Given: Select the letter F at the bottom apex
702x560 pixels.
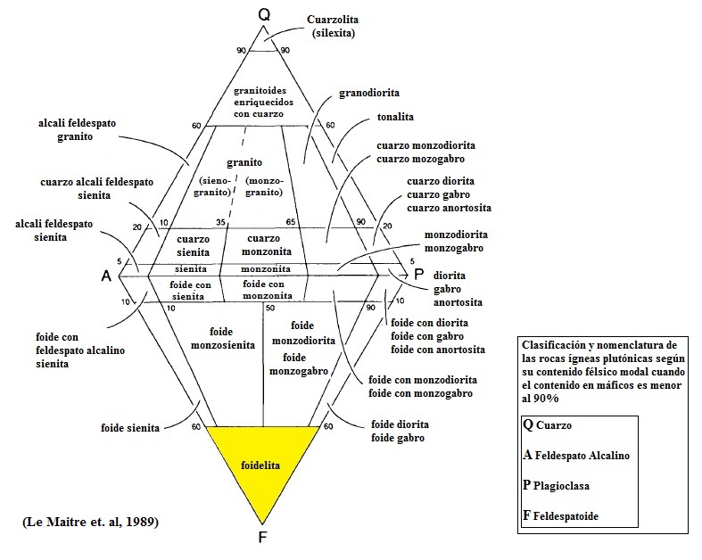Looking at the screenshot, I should point(262,537).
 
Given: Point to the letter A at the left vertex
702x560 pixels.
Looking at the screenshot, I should point(106,276).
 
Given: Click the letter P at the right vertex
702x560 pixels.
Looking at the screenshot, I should point(418,276).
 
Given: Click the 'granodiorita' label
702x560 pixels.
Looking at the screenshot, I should point(368,93).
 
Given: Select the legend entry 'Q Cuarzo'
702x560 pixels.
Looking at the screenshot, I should point(549,425).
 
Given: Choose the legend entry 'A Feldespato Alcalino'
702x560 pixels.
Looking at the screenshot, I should point(576,456).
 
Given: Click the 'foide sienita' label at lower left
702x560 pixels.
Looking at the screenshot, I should point(130,428).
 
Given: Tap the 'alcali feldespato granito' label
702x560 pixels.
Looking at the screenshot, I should point(78,130).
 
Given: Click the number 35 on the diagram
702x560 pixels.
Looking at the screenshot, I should point(219,222).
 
